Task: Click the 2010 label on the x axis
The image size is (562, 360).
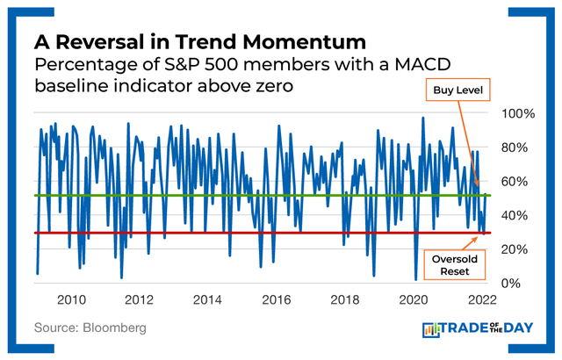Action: [x=70, y=299]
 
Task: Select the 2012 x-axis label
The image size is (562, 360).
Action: [x=139, y=299]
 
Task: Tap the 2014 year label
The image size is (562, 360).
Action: [x=207, y=299]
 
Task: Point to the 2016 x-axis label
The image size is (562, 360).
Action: [x=276, y=299]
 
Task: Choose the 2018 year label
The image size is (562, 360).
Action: [x=344, y=299]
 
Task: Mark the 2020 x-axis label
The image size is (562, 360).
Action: [x=413, y=299]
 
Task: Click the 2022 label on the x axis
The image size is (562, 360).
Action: [x=480, y=299]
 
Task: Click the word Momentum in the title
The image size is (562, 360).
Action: [x=292, y=41]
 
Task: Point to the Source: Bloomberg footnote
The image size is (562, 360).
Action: [x=90, y=328]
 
